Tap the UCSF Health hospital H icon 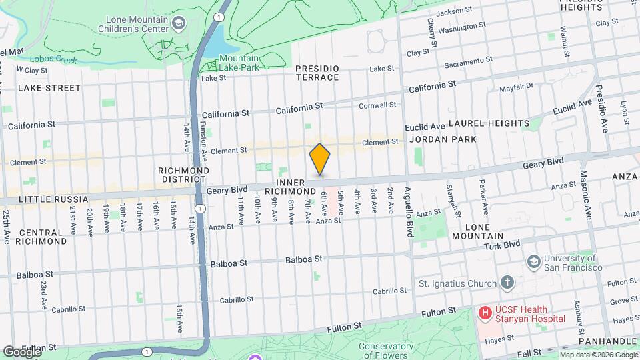tap(485, 312)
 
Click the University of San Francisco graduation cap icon tap(533, 261)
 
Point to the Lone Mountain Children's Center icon tap(178, 25)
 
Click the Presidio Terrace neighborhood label tap(317, 73)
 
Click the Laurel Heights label tap(489, 123)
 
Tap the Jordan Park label tap(443, 139)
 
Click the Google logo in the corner tap(22, 352)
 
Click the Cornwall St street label tap(377, 105)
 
